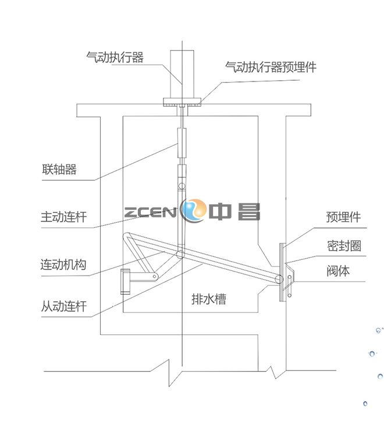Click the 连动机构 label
[64, 265]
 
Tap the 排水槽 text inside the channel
[209, 299]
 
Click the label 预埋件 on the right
[343, 217]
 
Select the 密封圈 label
[343, 246]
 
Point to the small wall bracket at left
[126, 281]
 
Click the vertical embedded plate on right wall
[282, 272]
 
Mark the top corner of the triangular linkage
[129, 234]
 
